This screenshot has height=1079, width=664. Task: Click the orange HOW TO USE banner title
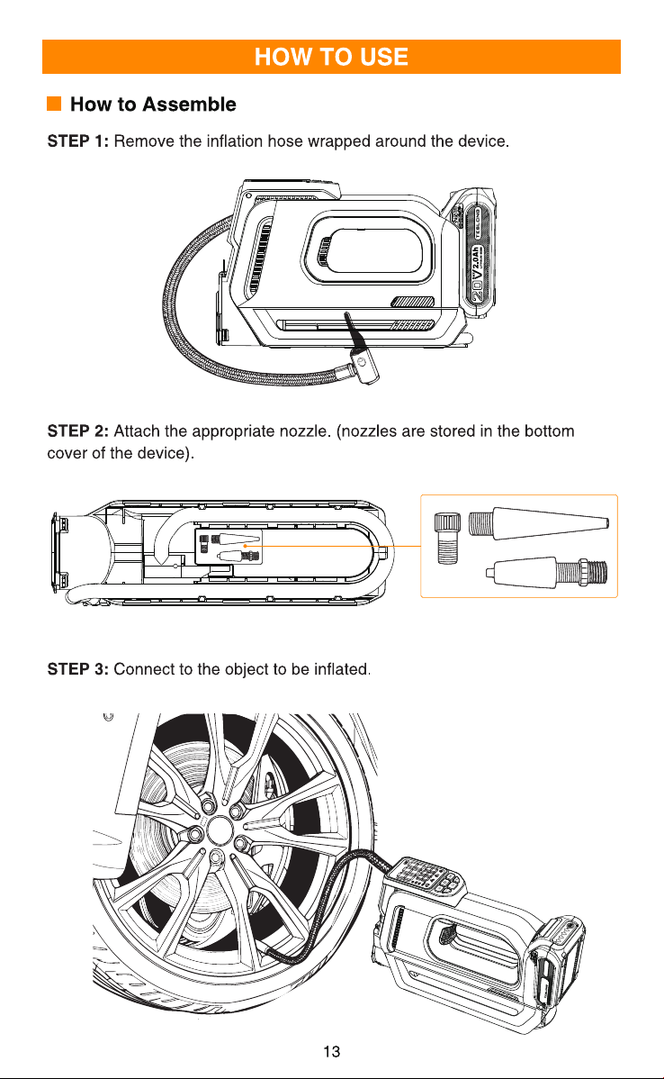pyautogui.click(x=331, y=57)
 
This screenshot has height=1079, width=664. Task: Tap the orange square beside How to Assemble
pyautogui.click(x=54, y=104)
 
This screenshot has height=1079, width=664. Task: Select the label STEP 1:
pyautogui.click(x=77, y=141)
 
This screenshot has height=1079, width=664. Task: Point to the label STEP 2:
pyautogui.click(x=77, y=431)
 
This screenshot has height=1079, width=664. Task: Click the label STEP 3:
pyautogui.click(x=77, y=669)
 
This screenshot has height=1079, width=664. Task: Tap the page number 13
pyautogui.click(x=331, y=1051)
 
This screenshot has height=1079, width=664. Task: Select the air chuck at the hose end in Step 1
pyautogui.click(x=363, y=366)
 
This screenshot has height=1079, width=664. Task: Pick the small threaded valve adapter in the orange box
pyautogui.click(x=446, y=538)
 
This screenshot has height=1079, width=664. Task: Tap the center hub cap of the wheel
pyautogui.click(x=220, y=830)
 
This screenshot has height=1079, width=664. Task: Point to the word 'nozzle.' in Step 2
pyautogui.click(x=305, y=431)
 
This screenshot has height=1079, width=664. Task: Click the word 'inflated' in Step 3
pyautogui.click(x=341, y=669)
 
